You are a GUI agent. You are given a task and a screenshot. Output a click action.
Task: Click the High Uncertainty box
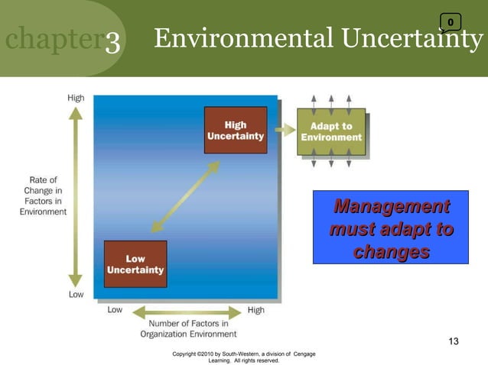(236, 131)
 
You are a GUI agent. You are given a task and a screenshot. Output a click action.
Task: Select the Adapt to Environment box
(331, 131)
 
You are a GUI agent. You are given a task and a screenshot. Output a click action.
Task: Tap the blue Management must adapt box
(390, 228)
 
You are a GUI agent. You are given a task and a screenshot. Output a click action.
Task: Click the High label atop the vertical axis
(76, 98)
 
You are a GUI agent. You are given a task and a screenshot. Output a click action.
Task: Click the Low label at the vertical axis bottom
(76, 294)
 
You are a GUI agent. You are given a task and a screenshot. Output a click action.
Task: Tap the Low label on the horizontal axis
(115, 311)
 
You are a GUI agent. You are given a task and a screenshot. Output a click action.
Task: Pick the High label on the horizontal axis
(256, 311)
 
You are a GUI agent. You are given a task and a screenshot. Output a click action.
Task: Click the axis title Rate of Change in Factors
(43, 196)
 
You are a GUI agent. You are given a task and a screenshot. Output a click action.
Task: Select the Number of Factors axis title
(188, 328)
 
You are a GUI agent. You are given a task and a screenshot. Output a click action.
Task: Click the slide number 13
(454, 341)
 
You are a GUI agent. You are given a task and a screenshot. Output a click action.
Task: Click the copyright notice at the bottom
(245, 357)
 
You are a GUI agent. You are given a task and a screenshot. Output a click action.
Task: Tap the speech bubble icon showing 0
(451, 23)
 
